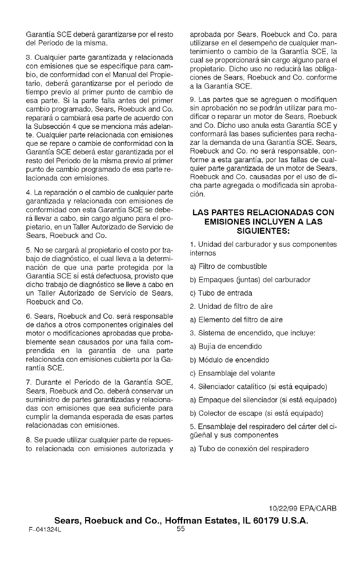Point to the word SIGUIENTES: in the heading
263,230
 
